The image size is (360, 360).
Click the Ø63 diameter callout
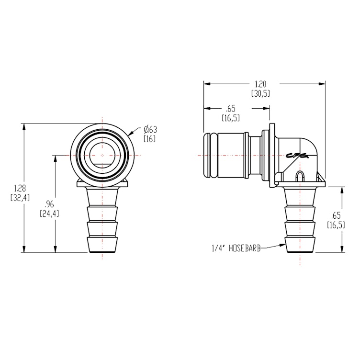pyautogui.click(x=151, y=129)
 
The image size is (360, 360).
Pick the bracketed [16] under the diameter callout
pyautogui.click(x=150, y=138)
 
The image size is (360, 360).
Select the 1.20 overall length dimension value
pyautogui.click(x=260, y=84)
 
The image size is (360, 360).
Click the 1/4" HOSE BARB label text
pyautogui.click(x=236, y=248)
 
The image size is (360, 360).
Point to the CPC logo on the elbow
pyautogui.click(x=297, y=155)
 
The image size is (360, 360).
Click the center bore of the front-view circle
pyautogui.click(x=102, y=156)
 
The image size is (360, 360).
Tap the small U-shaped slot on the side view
pyautogui.click(x=300, y=176)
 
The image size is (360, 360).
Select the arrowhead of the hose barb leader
pyautogui.click(x=283, y=247)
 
